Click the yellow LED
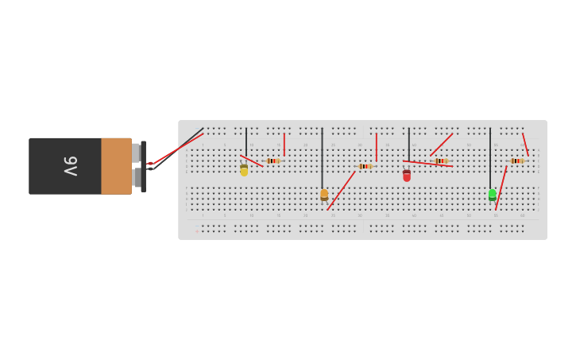pyautogui.click(x=244, y=170)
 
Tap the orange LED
pyautogui.click(x=324, y=194)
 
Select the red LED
pyautogui.click(x=407, y=176)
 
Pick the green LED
pyautogui.click(x=493, y=194)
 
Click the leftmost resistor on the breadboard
pyautogui.click(x=273, y=161)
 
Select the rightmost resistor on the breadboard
pyautogui.click(x=516, y=161)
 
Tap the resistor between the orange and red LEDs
pyautogui.click(x=365, y=166)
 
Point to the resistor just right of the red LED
pyautogui.click(x=441, y=161)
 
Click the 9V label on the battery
pyautogui.click(x=70, y=166)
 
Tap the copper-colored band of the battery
pyautogui.click(x=116, y=166)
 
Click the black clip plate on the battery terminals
pyautogui.click(x=143, y=166)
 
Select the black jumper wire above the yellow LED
pyautogui.click(x=246, y=141)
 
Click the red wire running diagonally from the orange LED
pyautogui.click(x=341, y=191)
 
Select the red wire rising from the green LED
pyautogui.click(x=501, y=188)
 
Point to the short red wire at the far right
pyautogui.click(x=525, y=145)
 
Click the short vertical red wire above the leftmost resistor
pyautogui.click(x=284, y=144)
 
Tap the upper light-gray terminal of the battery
pyautogui.click(x=136, y=153)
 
